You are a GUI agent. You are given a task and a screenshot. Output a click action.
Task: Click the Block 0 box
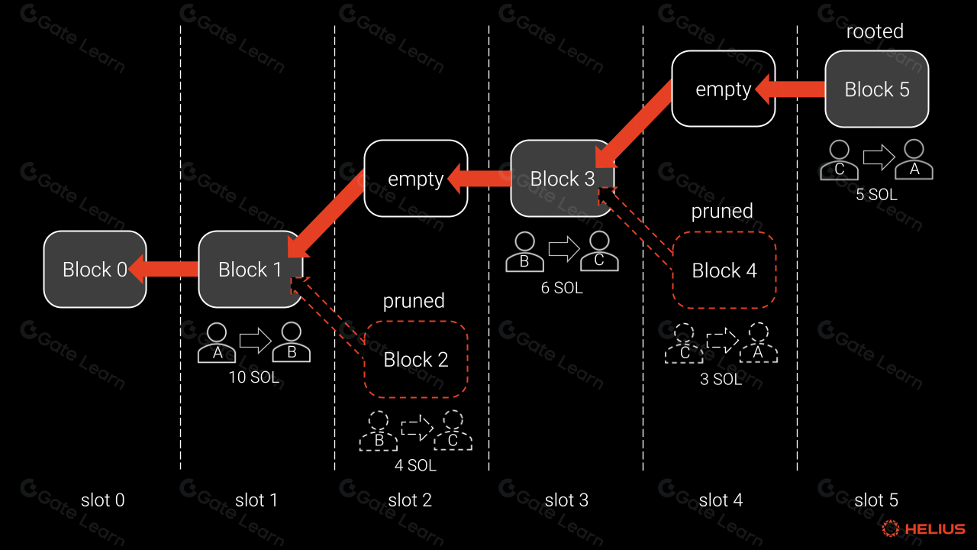[95, 269]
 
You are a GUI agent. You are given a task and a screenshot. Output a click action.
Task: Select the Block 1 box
[250, 269]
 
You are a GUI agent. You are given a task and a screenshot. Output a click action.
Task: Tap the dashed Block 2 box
[416, 359]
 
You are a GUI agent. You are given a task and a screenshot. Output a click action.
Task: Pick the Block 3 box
[562, 179]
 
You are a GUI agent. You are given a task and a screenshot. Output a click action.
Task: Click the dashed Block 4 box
[724, 270]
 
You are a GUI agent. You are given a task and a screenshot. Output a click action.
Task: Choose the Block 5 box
[877, 89]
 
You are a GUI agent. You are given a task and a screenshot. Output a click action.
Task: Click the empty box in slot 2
[416, 179]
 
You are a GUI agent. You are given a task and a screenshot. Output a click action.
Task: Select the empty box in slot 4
[724, 89]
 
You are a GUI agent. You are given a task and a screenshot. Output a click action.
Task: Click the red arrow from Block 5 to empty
[791, 89]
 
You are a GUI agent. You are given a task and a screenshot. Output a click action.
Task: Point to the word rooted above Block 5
[875, 31]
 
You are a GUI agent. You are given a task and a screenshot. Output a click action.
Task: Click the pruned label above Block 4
[722, 211]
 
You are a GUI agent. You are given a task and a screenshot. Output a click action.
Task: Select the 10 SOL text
[254, 377]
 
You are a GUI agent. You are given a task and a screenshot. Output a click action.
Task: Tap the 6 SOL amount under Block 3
[561, 288]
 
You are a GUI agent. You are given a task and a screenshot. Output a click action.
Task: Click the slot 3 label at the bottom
[566, 500]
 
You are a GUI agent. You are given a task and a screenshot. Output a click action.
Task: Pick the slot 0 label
[102, 500]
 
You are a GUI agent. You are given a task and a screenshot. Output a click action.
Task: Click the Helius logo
[924, 529]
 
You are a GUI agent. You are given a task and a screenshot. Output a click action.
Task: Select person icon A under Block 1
[217, 343]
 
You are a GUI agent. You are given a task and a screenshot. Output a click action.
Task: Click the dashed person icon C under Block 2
[453, 432]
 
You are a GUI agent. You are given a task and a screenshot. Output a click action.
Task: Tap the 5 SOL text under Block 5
[876, 195]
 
